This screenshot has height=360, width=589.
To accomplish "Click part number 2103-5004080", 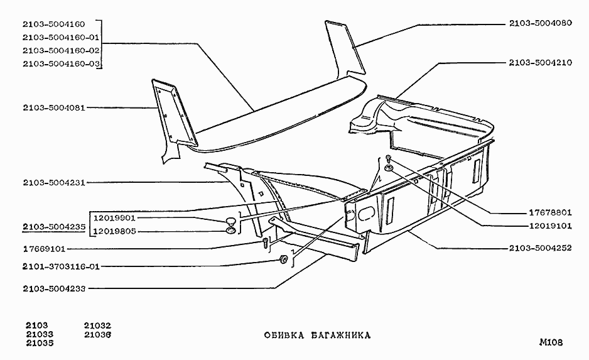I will coord(540,25).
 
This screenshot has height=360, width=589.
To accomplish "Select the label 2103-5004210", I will coord(540,63).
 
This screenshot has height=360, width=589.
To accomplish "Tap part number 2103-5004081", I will coord(53,107).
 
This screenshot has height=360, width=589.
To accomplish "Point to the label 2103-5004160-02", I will coord(61,50).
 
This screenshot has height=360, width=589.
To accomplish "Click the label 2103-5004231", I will coord(53,183).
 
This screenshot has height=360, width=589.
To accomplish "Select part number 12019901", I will coord(114,218).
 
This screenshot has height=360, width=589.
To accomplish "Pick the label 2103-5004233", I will coord(53,289).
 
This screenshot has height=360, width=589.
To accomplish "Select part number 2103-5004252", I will coord(540,248).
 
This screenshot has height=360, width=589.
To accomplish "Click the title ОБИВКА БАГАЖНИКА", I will coord(317,335).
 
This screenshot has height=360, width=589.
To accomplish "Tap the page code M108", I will coord(550,342).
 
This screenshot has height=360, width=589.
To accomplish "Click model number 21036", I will coord(97,335).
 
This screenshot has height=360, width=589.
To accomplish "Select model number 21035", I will coord(39,344).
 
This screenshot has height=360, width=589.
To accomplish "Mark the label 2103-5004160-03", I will coord(61,63).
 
